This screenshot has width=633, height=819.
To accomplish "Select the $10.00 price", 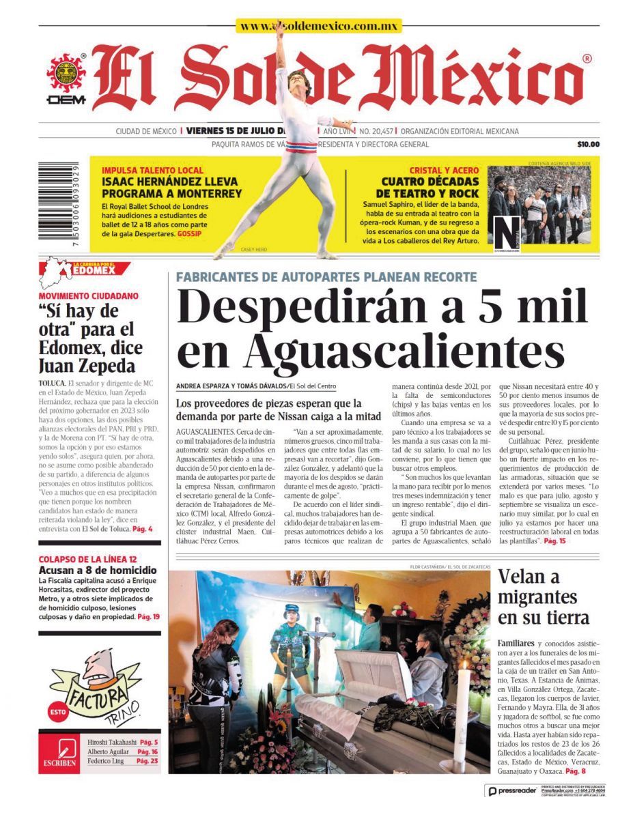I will [587, 144].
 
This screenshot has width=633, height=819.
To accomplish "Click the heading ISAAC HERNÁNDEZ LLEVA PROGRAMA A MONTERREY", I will [171, 188].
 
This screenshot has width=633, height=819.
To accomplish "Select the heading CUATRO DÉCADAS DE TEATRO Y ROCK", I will [430, 188].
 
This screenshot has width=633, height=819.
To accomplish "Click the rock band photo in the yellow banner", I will [539, 205].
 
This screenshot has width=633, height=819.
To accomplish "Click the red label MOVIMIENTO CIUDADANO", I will [88, 296].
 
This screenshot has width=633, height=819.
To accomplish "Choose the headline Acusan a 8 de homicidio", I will [98, 570].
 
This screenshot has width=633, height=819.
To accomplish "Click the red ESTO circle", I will [58, 712].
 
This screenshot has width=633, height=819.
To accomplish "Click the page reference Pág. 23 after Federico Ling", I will [147, 761].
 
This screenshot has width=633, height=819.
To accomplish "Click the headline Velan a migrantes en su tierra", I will [544, 597].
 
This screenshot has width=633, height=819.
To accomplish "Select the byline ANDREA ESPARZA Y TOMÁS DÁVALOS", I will [231, 386].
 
